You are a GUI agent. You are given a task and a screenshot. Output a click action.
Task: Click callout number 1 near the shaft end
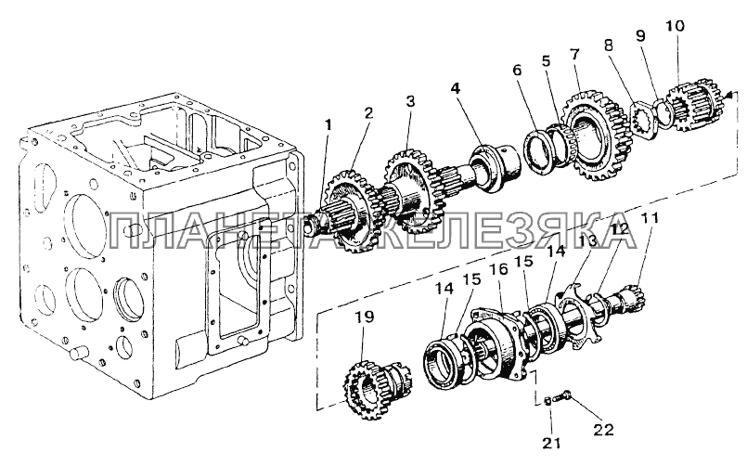[327, 126]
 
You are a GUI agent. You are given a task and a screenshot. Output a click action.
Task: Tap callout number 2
[368, 113]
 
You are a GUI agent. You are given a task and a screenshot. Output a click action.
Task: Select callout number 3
[410, 101]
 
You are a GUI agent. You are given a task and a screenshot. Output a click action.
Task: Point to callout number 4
[456, 88]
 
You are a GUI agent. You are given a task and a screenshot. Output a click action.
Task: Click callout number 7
[574, 53]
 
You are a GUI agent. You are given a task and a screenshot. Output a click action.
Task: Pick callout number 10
[676, 25]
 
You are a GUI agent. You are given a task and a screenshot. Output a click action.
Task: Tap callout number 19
[365, 317]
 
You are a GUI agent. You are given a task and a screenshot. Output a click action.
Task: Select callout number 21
[552, 442]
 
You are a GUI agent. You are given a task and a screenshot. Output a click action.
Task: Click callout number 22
[603, 429]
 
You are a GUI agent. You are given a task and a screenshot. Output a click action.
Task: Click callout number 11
[650, 218]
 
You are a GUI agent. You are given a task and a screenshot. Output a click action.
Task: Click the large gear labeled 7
[594, 136]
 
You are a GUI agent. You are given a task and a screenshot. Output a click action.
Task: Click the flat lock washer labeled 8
[645, 118]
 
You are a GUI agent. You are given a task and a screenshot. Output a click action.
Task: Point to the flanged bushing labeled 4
[496, 168]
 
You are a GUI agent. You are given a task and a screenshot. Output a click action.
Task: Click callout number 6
[518, 70]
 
